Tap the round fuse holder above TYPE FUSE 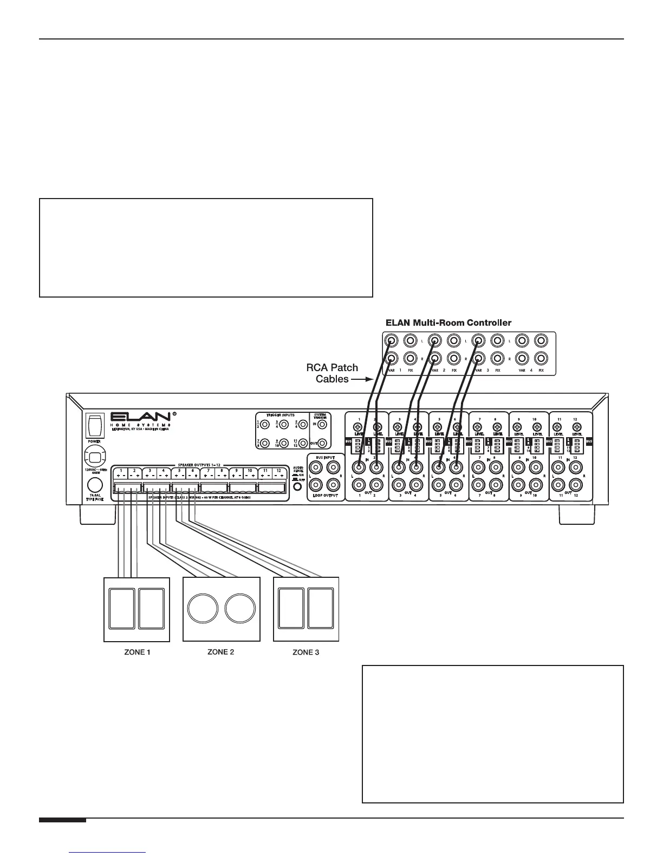pos(95,484)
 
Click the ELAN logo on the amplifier pos(142,417)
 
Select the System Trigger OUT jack pos(322,443)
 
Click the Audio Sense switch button pos(297,486)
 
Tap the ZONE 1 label pos(135,652)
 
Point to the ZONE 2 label pos(221,651)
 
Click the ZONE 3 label pos(306,652)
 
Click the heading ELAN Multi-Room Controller pos(448,322)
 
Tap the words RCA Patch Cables pos(332,373)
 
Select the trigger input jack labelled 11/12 pos(303,443)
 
